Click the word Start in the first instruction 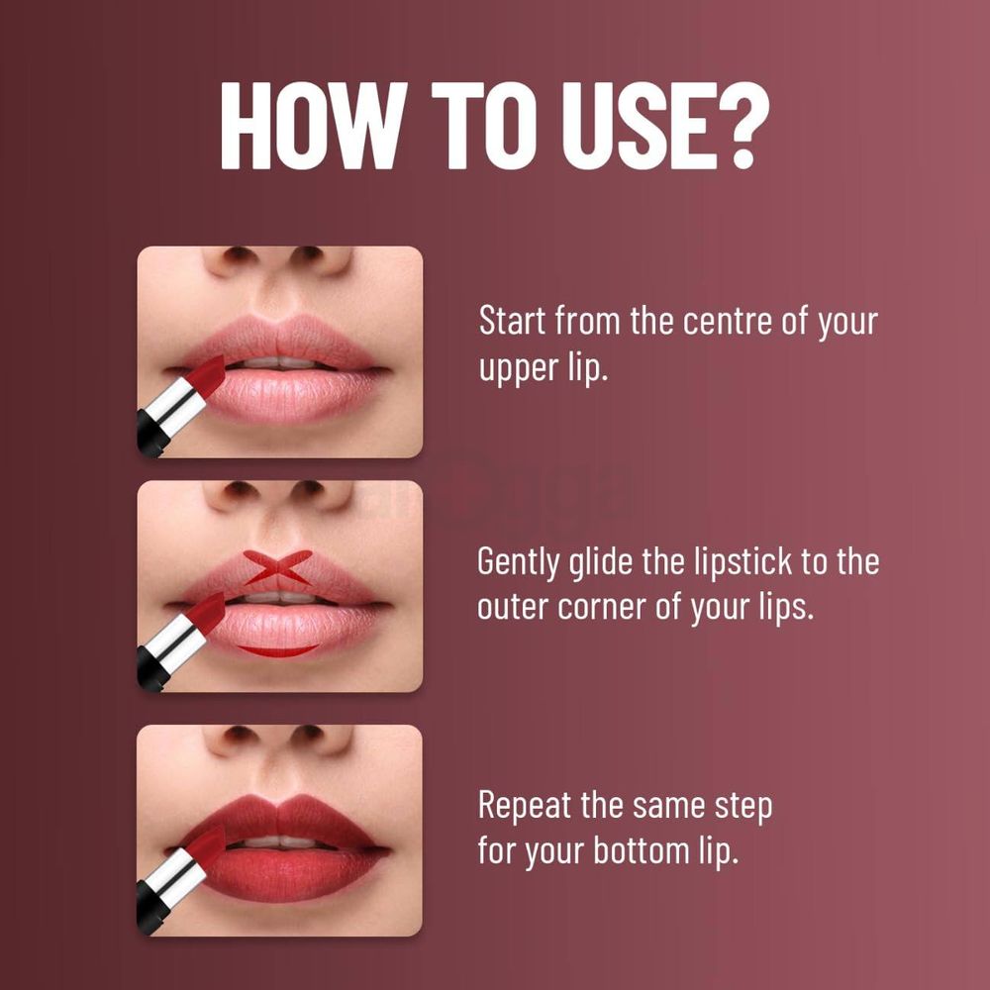pyautogui.click(x=512, y=323)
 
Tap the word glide pyautogui.click(x=607, y=562)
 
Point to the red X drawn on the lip pyautogui.click(x=278, y=567)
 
